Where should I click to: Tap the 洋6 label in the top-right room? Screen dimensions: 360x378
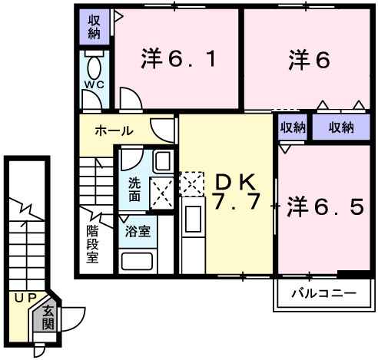310,58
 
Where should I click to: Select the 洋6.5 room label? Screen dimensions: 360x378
325,206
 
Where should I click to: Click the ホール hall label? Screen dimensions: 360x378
113,131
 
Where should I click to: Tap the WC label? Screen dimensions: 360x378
94,84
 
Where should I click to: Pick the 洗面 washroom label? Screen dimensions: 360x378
134,190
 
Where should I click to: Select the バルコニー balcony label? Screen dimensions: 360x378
323,292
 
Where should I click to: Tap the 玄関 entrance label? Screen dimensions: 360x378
48,315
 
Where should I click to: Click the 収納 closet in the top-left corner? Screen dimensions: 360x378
94,27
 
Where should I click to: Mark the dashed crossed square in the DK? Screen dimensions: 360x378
191,183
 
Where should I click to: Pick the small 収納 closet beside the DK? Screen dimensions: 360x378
293,127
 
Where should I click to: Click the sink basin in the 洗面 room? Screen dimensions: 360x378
163,161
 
